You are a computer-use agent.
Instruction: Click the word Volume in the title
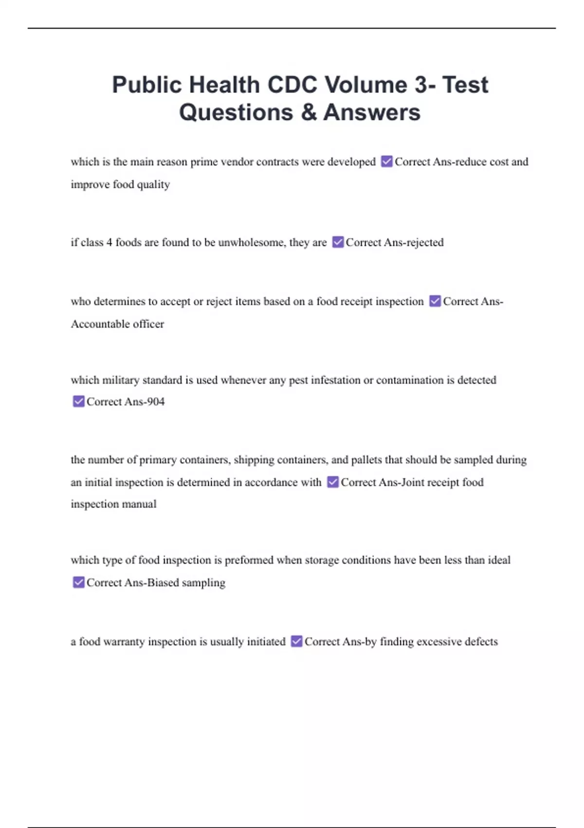coord(366,85)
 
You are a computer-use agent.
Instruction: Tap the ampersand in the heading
coord(309,113)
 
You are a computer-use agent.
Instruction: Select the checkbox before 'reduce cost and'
coord(387,161)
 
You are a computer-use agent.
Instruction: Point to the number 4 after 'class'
coord(109,243)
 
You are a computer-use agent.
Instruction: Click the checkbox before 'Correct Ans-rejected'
coord(338,242)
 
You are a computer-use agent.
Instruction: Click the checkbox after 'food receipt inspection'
coord(435,301)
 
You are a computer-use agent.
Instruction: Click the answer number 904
coord(155,402)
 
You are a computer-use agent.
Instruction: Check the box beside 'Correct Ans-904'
coord(78,401)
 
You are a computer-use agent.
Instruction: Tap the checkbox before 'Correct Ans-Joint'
coord(333,482)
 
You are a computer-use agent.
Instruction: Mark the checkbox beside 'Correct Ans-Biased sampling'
coord(78,583)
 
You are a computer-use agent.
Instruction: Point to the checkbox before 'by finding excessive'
coord(296,641)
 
